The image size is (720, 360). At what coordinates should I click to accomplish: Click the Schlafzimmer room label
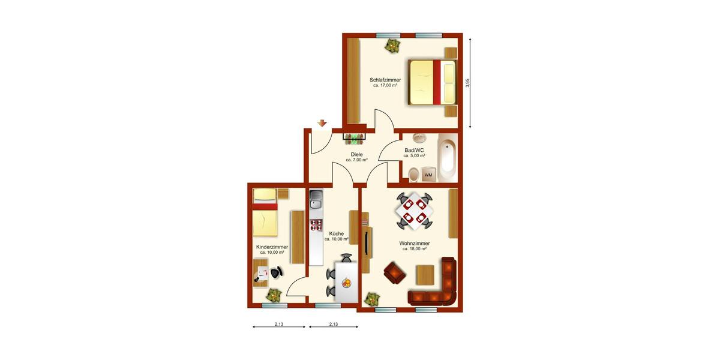pos(385,80)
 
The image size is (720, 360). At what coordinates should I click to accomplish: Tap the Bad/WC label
pos(414,150)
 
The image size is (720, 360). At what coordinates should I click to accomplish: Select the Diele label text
pos(356,155)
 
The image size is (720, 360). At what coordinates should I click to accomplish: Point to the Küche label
pos(336,233)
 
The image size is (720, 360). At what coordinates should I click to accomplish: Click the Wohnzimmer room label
pos(414,243)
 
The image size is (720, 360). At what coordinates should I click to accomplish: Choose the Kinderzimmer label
pos(272,247)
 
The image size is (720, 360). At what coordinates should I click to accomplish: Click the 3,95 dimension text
pos(468,83)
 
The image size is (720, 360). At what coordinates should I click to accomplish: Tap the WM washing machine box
pos(428,175)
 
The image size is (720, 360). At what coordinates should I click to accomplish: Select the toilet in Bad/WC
pos(414,175)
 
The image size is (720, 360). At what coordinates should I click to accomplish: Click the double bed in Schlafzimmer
pos(431,82)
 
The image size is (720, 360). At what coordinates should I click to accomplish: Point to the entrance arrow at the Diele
pos(322,124)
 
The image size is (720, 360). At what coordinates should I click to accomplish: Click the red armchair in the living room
pos(394,272)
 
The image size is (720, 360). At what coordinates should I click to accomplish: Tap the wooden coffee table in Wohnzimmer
pos(425,275)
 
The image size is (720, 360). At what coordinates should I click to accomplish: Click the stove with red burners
pos(316,226)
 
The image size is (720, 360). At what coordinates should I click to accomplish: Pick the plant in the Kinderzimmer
pos(274,295)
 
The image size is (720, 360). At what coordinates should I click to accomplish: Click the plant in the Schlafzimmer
pos(392,44)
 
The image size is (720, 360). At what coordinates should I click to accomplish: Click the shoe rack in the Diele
pos(353,139)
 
